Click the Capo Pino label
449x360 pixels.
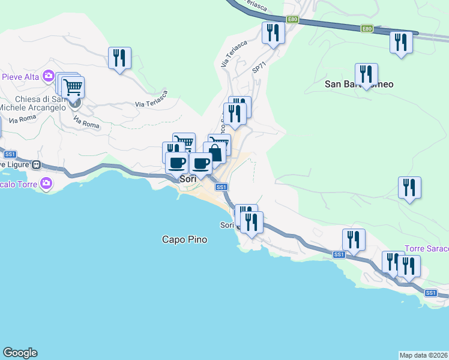184,239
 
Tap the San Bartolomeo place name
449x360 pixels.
359,84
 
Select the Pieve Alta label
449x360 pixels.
20,77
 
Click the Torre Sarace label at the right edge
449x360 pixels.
426,248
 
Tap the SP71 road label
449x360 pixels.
259,69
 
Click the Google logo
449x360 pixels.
20,353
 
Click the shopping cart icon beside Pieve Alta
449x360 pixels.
73,87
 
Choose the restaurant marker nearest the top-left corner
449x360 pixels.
119,58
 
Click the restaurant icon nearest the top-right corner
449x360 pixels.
401,42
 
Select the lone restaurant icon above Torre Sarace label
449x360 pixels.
409,187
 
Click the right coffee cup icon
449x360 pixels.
201,163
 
